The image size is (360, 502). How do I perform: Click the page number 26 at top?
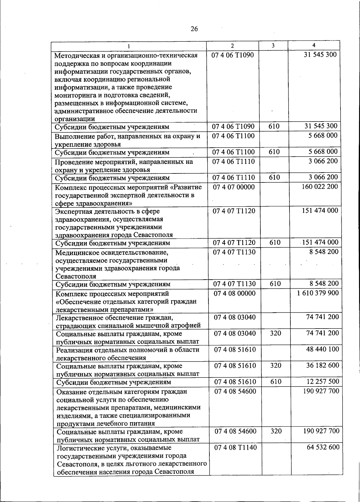pos(194,29)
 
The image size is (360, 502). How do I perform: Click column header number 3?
pos(273,46)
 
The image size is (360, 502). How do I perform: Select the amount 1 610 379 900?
pos(318,293)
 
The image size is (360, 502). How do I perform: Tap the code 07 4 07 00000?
pos(234,187)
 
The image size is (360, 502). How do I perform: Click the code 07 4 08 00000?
pos(235,293)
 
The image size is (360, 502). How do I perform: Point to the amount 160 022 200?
pos(319,187)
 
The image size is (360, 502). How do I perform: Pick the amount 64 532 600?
pos(323,447)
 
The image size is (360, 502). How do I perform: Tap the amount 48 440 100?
pos(322,349)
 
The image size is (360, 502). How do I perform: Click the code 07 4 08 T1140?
pos(235,447)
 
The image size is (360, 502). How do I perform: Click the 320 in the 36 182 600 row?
pos(276,365)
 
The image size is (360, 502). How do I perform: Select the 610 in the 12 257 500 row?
pos(276,382)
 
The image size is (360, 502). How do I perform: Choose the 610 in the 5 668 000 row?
pos(274,152)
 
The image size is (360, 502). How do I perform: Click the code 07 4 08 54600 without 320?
pos(235,391)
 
